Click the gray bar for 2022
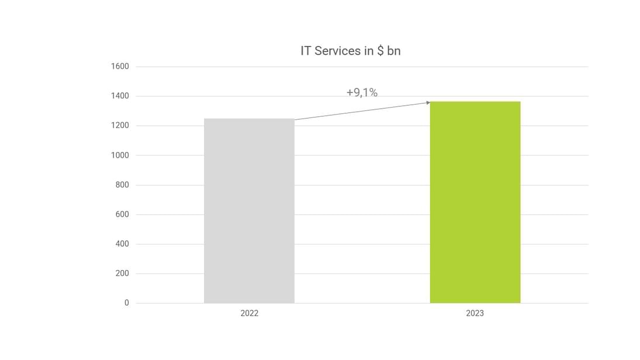click(249, 210)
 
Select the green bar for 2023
click(475, 202)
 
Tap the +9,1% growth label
click(362, 92)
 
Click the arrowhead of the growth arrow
click(428, 102)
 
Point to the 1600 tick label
click(120, 67)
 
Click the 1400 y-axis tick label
click(120, 96)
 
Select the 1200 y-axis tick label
click(120, 126)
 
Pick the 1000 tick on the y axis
click(120, 155)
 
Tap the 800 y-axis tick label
click(122, 185)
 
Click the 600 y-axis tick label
click(122, 214)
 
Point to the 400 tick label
click(122, 244)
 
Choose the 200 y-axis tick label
click(122, 274)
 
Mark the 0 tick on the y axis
click(126, 303)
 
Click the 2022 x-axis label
click(249, 314)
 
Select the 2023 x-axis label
click(475, 314)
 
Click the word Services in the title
click(337, 51)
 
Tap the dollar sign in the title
click(380, 51)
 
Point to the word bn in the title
click(394, 51)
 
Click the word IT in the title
click(306, 51)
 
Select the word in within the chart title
click(368, 51)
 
